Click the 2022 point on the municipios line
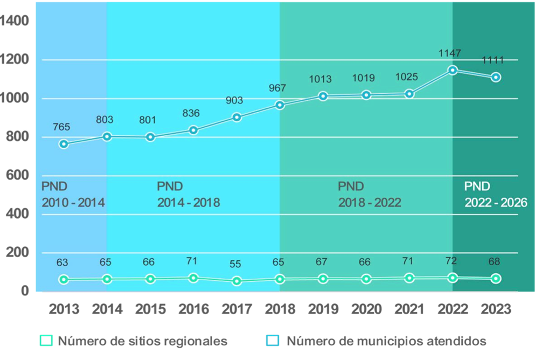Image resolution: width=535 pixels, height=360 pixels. tap(453, 70)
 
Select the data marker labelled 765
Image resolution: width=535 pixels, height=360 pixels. tap(64, 144)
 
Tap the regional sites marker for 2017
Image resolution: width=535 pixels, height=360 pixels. tap(237, 281)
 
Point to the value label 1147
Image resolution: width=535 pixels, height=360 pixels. tap(450, 53)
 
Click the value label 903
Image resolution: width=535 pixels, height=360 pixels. tap(234, 100)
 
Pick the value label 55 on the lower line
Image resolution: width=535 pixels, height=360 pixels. tap(235, 265)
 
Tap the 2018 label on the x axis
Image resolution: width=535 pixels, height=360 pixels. tap(280, 309)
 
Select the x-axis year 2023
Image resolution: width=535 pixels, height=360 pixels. tap(496, 309)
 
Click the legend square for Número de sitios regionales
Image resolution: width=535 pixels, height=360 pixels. tap(46, 341)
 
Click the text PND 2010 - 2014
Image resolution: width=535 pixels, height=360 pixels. tap(73, 195)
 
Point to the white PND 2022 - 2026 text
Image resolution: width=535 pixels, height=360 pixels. tap(496, 195)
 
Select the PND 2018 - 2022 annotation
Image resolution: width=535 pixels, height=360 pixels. tap(370, 195)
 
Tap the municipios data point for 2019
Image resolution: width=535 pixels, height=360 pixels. tap(323, 96)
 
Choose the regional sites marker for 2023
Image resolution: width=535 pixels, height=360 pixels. tap(495, 279)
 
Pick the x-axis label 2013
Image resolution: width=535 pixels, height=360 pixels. tap(64, 309)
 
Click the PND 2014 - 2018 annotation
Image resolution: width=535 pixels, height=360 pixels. tap(189, 195)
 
